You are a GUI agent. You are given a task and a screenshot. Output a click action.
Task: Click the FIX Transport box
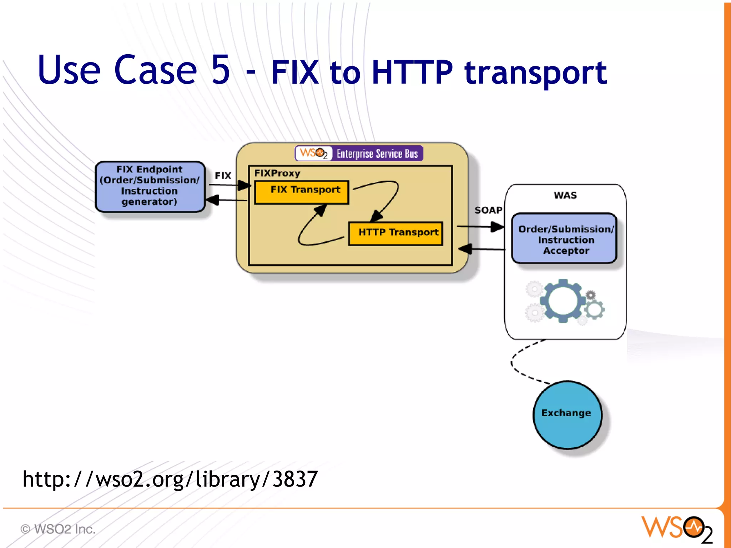[302, 192]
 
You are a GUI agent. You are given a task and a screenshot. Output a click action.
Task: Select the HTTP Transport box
[395, 234]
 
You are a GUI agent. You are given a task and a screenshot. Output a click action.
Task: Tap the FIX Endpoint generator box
[150, 186]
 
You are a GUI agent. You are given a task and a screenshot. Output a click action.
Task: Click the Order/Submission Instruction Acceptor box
[564, 239]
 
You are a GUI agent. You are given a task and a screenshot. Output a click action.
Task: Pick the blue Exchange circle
[567, 415]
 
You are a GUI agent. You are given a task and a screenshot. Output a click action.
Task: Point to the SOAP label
[488, 210]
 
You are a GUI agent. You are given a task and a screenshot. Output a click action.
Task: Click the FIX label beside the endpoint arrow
[223, 176]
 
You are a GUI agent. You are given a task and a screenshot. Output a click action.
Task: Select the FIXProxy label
[277, 174]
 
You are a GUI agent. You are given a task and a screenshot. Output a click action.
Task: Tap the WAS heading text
[565, 195]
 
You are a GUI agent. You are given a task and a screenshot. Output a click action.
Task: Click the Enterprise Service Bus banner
[359, 154]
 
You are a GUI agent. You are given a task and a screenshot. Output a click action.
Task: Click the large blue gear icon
[563, 301]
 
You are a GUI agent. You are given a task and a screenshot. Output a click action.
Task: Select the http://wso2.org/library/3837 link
[170, 479]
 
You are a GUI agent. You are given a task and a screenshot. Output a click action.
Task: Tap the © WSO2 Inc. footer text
[58, 529]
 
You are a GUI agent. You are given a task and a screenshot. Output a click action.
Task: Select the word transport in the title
[535, 74]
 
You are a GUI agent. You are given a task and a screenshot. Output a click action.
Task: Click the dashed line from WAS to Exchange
[513, 362]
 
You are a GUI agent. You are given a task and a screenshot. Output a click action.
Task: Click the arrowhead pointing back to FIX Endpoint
[213, 200]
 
